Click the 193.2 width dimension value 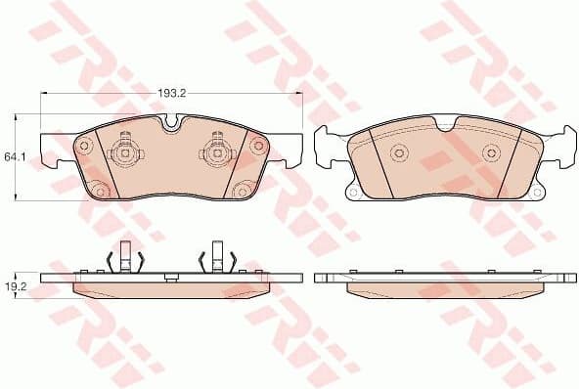(172, 93)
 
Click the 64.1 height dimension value (13, 156)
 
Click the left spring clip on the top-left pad (123, 151)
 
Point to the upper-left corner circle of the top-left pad (82, 145)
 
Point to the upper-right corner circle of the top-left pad (258, 145)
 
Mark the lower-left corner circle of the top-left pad (100, 189)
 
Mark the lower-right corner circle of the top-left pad (242, 189)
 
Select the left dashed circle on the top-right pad (397, 152)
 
